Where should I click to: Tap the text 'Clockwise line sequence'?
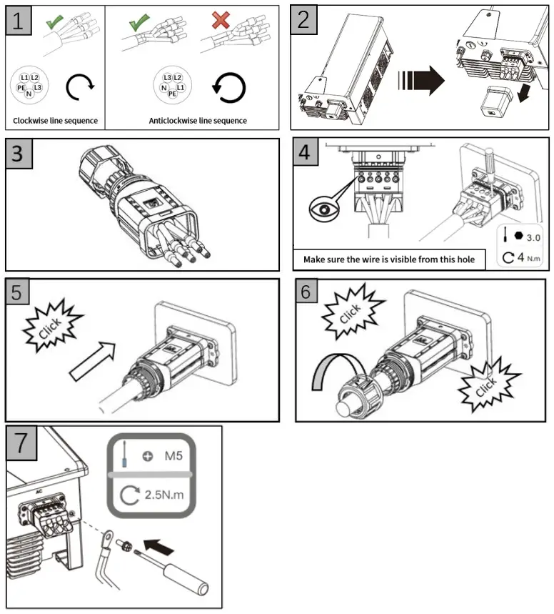pos(55,121)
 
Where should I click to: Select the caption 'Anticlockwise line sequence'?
pos(198,121)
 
